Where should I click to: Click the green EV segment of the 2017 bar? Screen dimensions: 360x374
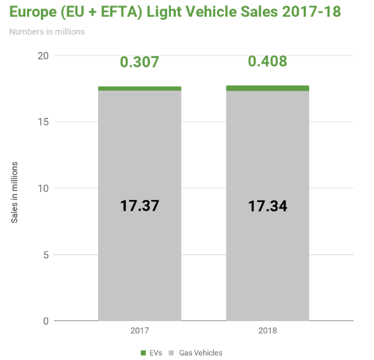click(139, 88)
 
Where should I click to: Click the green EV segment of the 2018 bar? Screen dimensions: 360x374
click(267, 88)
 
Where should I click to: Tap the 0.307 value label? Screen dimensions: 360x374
click(139, 62)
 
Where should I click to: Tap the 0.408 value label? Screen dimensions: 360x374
click(267, 62)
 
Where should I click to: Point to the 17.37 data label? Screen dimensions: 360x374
click(139, 206)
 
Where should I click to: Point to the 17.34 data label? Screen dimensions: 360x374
click(267, 206)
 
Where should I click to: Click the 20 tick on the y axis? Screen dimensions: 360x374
click(43, 56)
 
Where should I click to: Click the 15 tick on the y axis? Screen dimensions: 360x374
click(43, 122)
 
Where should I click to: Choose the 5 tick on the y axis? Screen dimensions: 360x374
click(45, 254)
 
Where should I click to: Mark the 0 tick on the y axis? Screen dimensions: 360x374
click(45, 321)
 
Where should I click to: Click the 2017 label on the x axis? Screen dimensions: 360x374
click(139, 331)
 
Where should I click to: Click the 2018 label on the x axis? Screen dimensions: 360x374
click(267, 331)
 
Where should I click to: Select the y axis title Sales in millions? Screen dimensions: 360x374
click(15, 193)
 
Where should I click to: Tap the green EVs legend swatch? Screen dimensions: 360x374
click(143, 353)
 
